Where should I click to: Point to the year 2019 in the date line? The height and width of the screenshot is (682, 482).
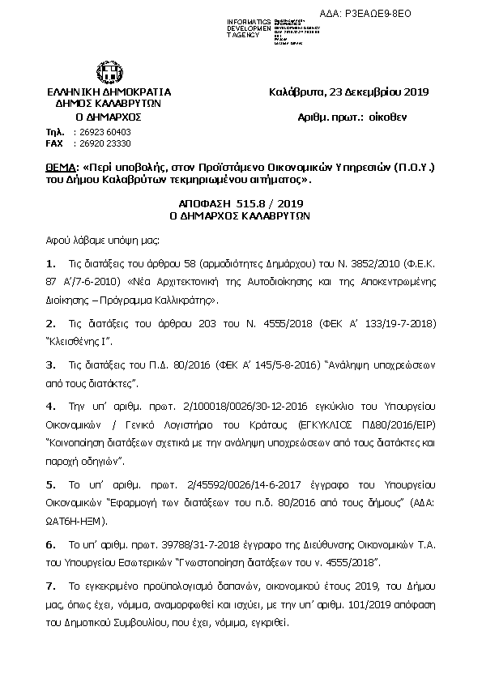[x=415, y=92]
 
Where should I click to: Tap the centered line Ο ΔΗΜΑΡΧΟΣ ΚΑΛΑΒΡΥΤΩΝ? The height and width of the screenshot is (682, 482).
[x=240, y=217]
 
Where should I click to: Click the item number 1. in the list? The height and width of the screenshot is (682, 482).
[x=51, y=263]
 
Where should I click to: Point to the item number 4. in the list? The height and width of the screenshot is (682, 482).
[x=51, y=404]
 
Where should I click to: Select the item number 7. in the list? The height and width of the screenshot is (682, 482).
[x=51, y=584]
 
